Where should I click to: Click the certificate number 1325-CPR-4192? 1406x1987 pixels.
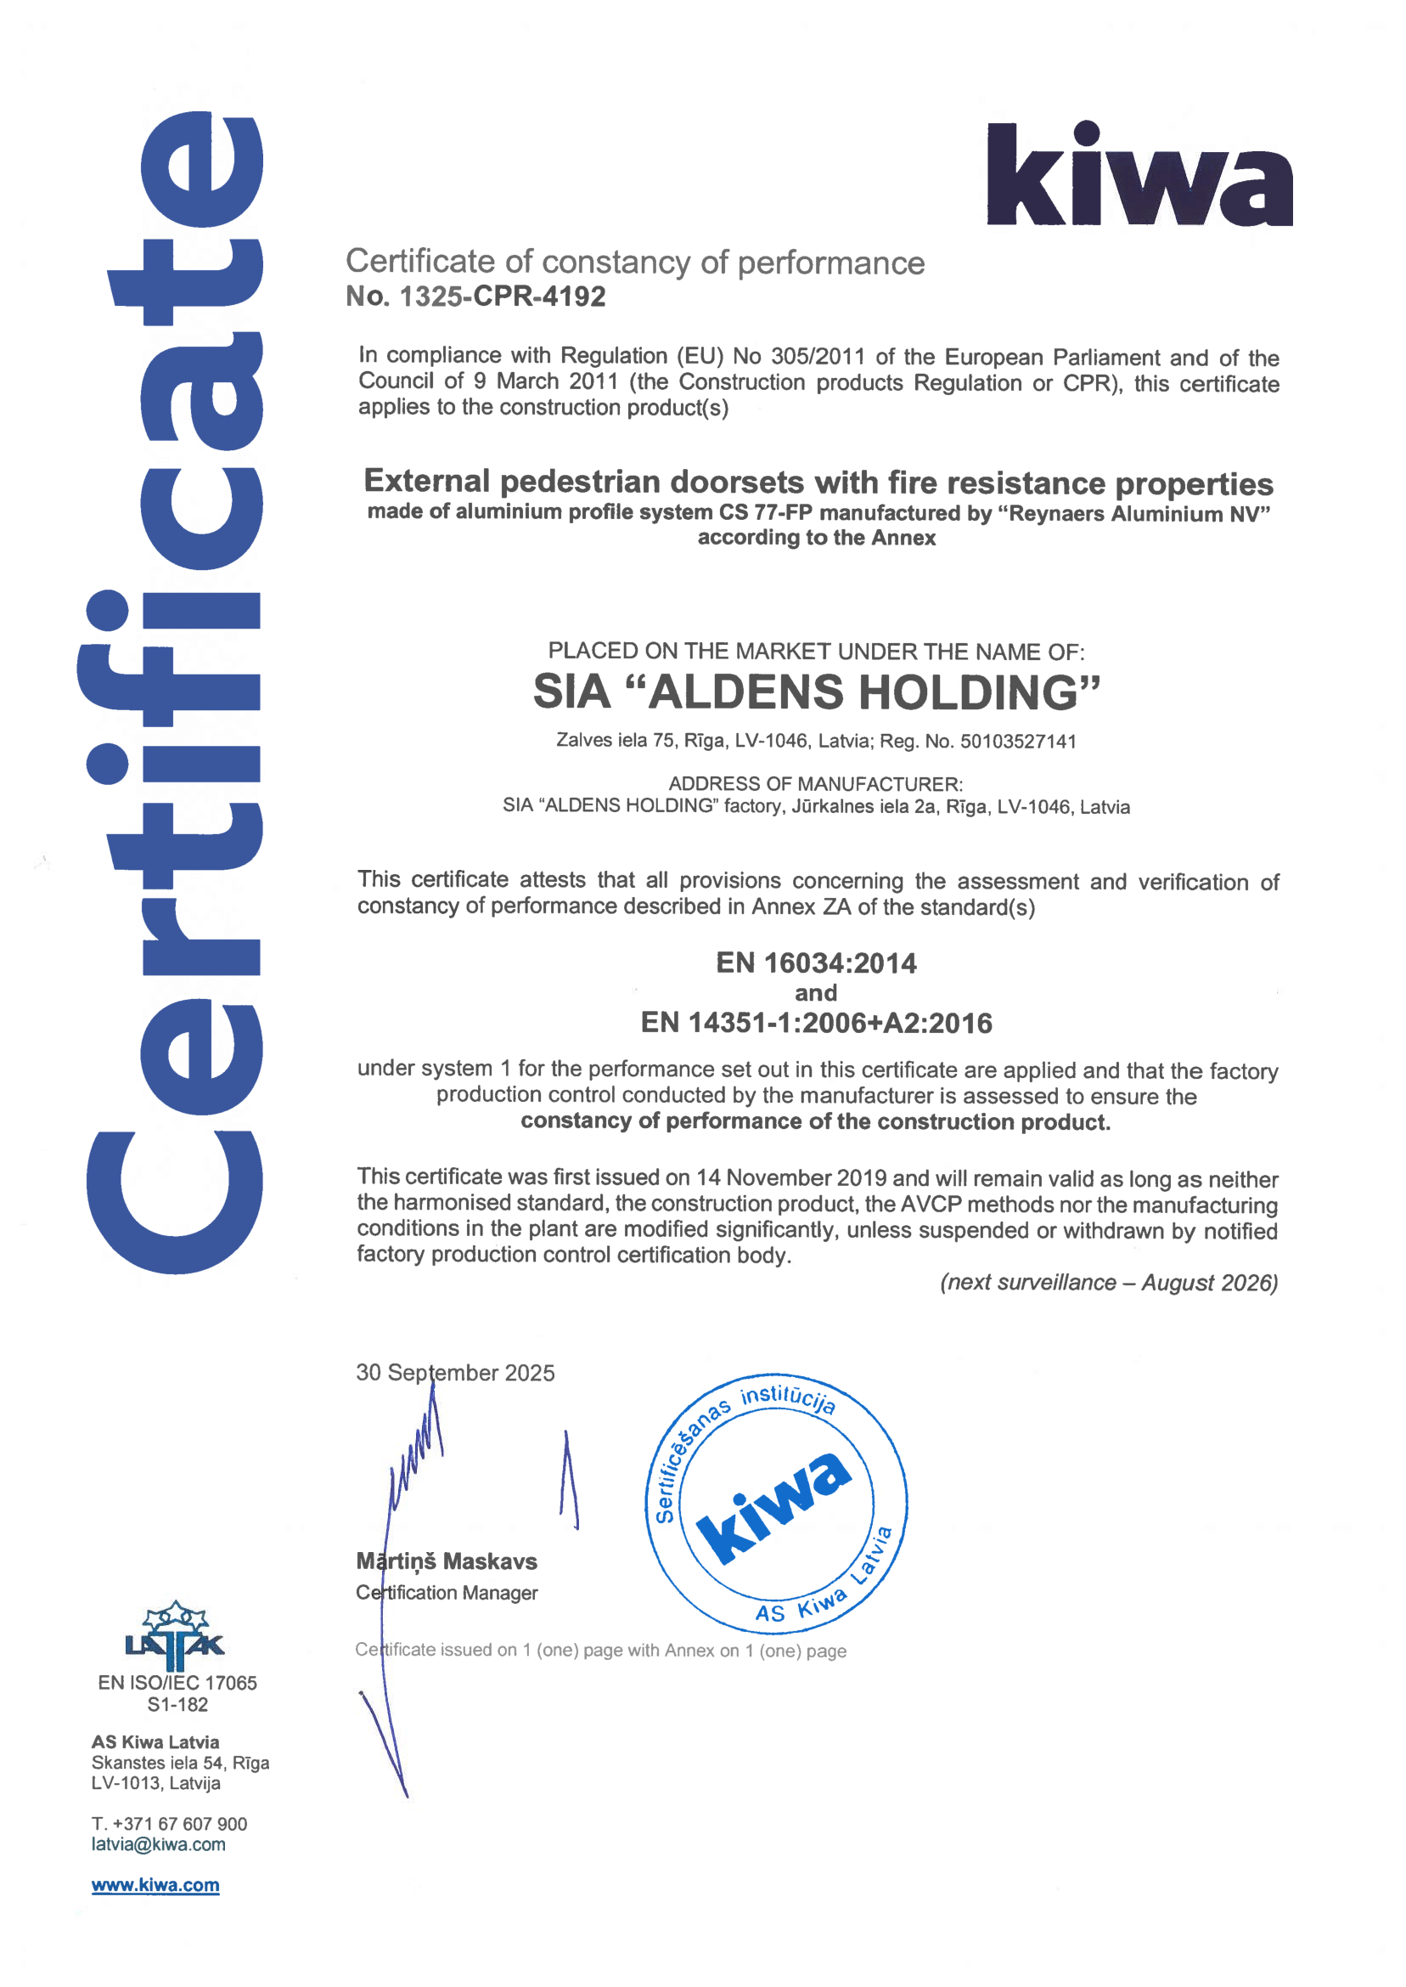click(502, 297)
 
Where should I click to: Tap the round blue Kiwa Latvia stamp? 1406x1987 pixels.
click(776, 1504)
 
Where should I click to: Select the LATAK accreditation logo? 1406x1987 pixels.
click(175, 1635)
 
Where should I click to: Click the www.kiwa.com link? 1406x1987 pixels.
click(156, 1886)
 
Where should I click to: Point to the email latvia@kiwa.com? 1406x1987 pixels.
click(159, 1845)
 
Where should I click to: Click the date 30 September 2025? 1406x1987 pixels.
click(455, 1373)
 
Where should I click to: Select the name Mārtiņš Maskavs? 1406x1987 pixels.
click(447, 1561)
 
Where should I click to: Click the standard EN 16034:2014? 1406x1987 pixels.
click(816, 963)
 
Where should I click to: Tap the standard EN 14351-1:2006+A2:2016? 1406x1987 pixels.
click(816, 1023)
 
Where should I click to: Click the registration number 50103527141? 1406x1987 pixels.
click(1018, 742)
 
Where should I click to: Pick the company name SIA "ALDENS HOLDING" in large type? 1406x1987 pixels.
click(816, 692)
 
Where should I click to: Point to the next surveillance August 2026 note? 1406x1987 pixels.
click(1108, 1283)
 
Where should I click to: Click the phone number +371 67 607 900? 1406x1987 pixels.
click(179, 1824)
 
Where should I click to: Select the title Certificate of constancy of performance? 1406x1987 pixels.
click(634, 262)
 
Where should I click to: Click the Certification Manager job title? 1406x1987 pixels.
click(447, 1593)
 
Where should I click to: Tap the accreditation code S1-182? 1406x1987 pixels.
click(177, 1705)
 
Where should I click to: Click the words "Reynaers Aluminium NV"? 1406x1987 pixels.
click(1133, 515)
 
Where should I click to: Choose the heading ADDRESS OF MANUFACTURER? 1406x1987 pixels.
click(815, 784)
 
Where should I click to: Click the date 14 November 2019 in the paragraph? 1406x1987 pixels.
click(791, 1178)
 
